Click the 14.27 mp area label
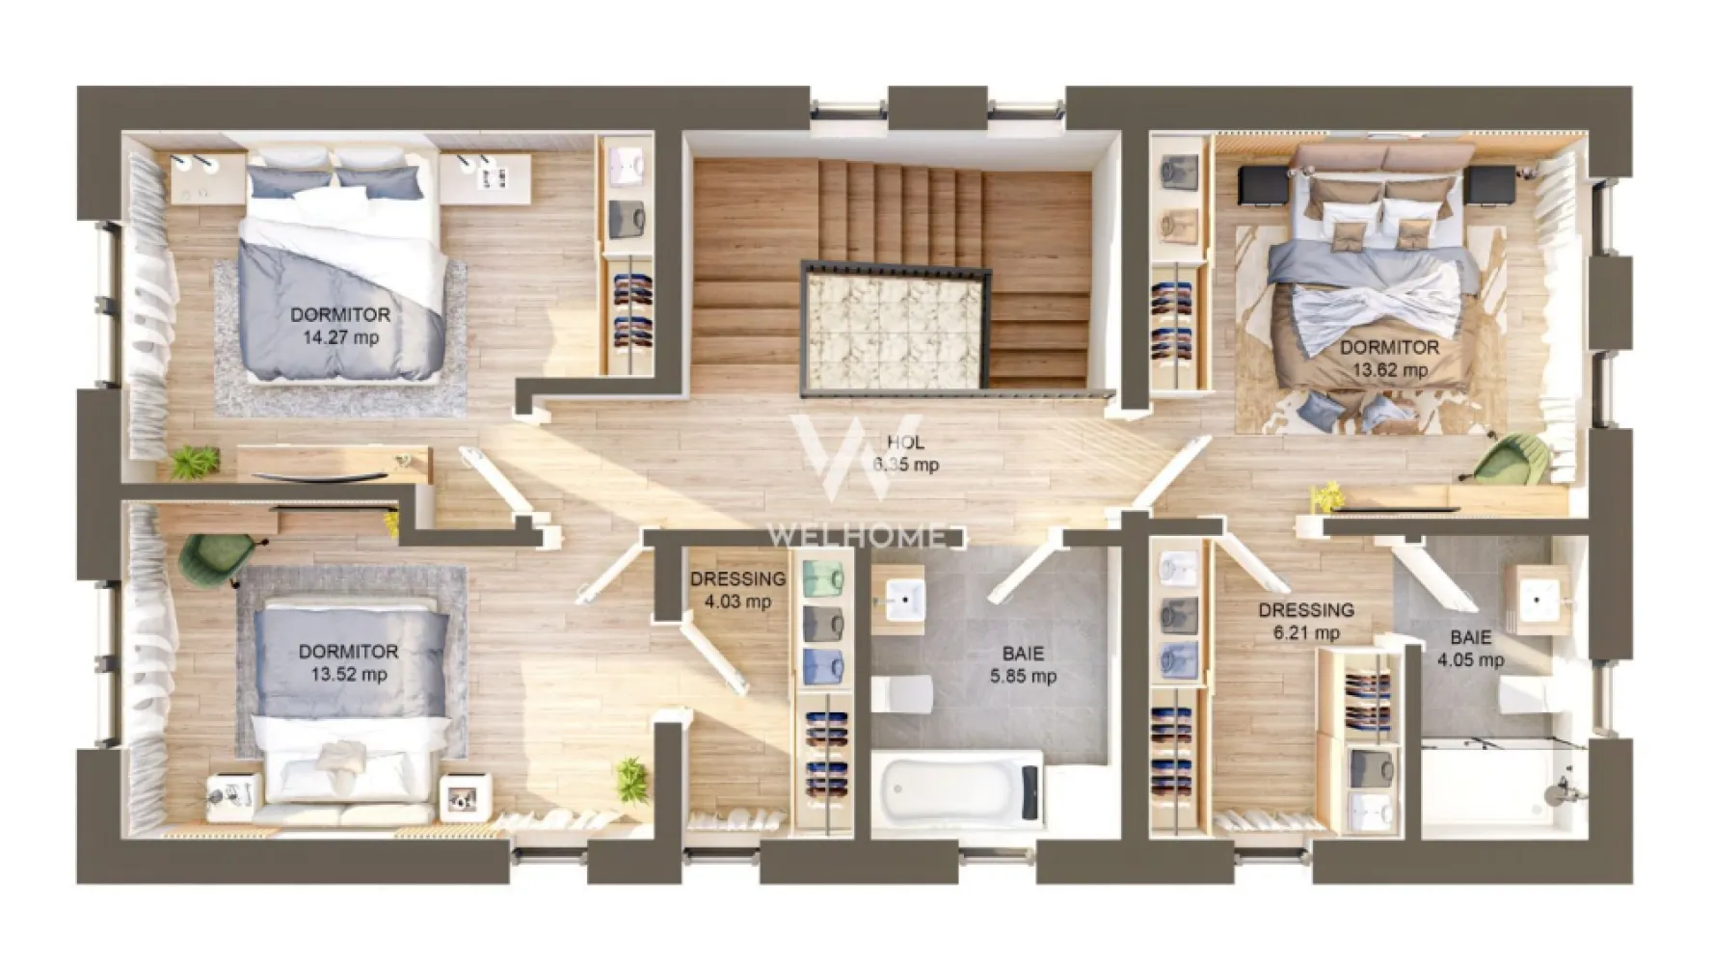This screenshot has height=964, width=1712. [x=340, y=337]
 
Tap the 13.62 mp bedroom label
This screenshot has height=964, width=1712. [x=1389, y=370]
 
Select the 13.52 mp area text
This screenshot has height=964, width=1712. [x=348, y=675]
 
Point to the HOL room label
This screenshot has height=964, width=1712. [x=905, y=442]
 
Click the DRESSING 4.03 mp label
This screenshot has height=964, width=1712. [x=737, y=590]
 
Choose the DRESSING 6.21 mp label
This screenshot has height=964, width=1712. [x=1306, y=621]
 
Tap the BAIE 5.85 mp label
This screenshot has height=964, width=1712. [x=1023, y=665]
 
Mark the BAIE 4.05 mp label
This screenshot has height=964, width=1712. [x=1470, y=649]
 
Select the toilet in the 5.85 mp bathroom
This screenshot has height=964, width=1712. [x=903, y=694]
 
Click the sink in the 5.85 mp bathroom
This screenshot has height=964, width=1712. [x=898, y=600]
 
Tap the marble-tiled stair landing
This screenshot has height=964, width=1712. [x=894, y=328]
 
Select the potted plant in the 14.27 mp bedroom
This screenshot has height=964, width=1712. [x=196, y=462]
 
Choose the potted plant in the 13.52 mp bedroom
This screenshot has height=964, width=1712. [x=631, y=777]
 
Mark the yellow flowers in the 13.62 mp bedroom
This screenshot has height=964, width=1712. [x=1327, y=497]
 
